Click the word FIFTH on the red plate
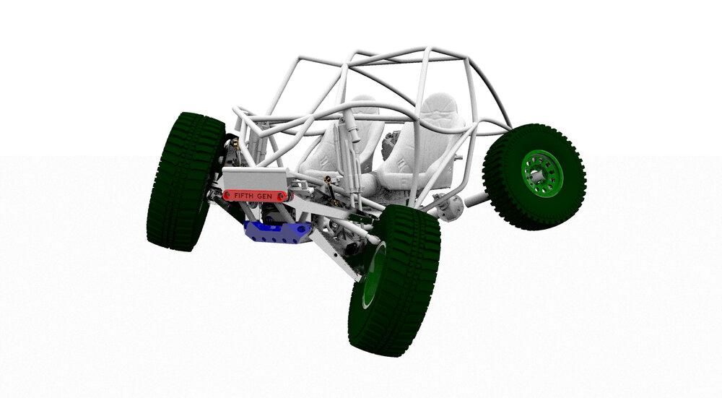coord(244,196)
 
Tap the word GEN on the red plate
coord(265,196)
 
